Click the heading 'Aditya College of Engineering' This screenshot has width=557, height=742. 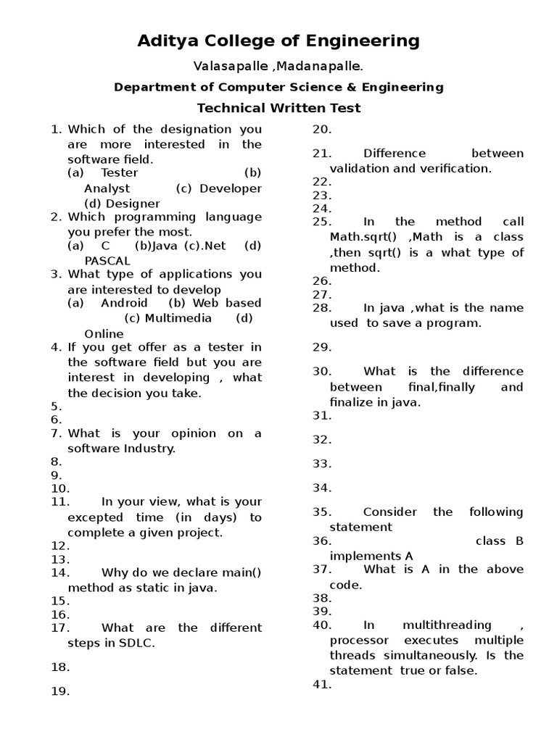[x=278, y=41]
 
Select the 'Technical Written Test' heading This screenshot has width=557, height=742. [x=278, y=109]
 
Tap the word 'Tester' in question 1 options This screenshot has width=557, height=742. [x=120, y=173]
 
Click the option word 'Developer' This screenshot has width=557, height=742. [x=231, y=188]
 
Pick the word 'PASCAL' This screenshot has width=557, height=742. [x=107, y=261]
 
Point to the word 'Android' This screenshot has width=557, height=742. [x=124, y=303]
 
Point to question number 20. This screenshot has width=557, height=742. [x=321, y=130]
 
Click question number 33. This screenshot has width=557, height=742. [x=321, y=464]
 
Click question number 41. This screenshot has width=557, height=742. [x=321, y=685]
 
